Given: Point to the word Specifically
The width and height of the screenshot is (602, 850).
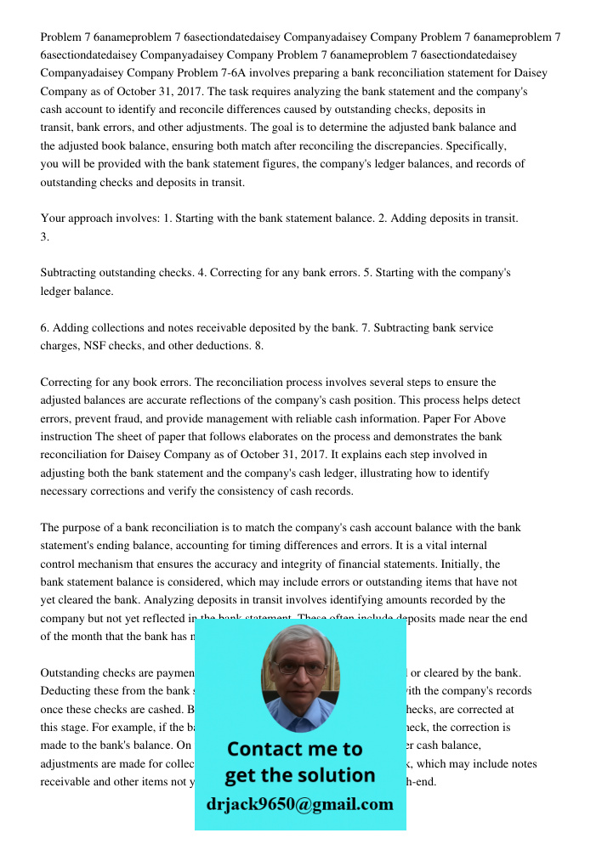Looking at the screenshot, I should (474, 145).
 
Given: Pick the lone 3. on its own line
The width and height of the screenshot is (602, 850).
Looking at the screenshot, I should (45, 237).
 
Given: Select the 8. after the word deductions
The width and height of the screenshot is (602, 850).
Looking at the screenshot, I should (258, 346).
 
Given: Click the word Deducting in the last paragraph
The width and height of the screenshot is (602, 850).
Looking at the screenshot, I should (66, 691).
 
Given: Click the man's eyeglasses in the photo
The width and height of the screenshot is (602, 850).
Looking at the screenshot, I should (300, 668).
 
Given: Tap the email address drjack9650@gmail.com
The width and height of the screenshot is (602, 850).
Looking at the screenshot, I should (299, 804).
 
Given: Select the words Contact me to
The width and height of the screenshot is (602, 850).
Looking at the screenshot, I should (295, 750).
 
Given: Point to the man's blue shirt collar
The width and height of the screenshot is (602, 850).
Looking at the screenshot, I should (299, 715).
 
